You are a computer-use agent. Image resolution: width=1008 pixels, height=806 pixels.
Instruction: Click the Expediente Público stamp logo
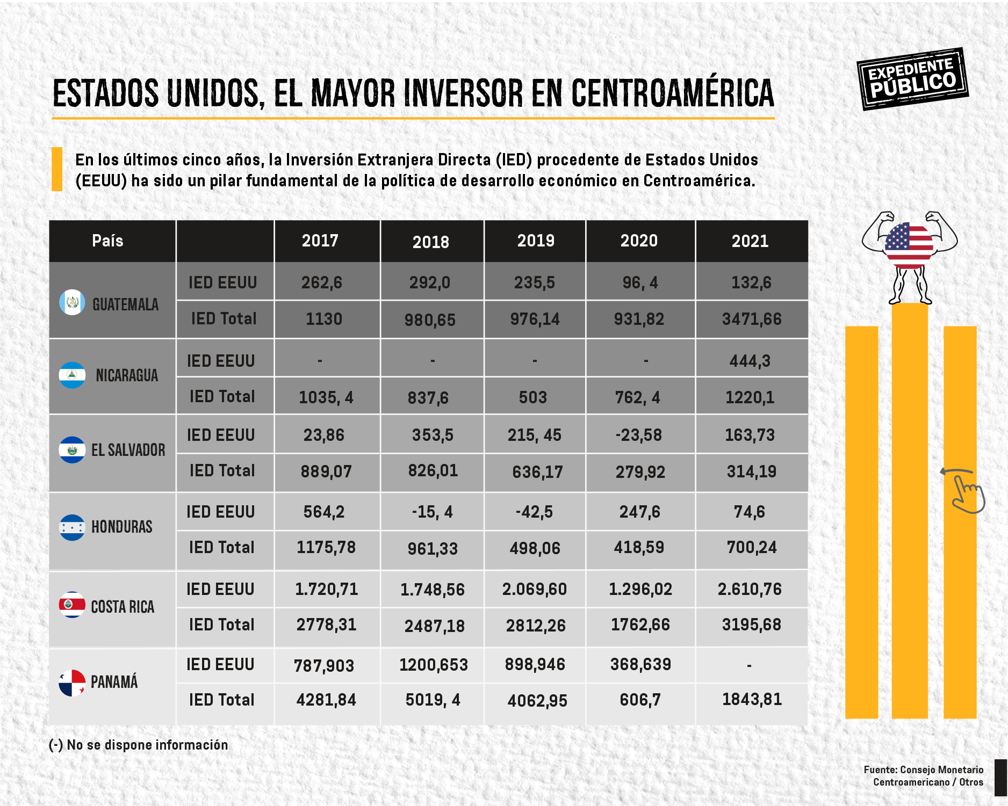tap(912, 79)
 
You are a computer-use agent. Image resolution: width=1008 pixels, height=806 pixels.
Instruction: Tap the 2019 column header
tap(535, 241)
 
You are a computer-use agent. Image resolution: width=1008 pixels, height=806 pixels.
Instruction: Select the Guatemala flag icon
tap(72, 303)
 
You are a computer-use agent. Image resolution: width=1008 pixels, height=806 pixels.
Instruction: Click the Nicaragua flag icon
tap(72, 375)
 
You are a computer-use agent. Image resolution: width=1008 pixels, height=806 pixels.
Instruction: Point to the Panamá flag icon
tap(72, 682)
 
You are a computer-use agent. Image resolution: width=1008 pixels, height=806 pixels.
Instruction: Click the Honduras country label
tap(121, 527)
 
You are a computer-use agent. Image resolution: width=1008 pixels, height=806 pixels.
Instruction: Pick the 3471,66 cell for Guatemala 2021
tap(751, 319)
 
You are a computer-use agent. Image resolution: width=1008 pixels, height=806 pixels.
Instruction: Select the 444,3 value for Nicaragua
tap(750, 361)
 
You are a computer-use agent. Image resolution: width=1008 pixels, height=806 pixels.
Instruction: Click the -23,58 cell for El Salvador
tap(639, 434)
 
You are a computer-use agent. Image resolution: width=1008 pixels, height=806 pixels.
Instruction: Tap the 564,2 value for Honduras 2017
tap(323, 512)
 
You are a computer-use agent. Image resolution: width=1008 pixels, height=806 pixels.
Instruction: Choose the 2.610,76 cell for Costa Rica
tap(750, 589)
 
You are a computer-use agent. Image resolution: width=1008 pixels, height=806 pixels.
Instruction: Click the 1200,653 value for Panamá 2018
tap(433, 665)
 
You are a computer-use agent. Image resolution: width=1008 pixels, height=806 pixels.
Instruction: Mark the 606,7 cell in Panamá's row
tap(640, 700)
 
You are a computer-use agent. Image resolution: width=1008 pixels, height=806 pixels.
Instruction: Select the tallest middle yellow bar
tap(909, 510)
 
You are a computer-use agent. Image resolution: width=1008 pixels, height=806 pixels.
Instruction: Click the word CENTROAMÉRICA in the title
tap(672, 93)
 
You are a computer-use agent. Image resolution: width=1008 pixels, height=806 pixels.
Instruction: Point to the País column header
tap(107, 241)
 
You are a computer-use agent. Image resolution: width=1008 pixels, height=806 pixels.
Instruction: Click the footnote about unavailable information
tap(139, 745)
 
